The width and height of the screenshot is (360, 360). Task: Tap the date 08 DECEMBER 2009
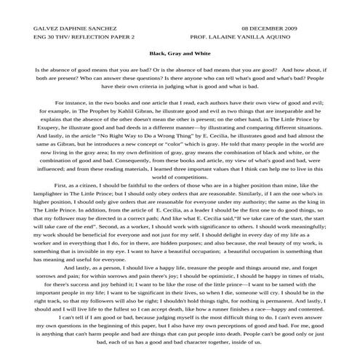coord(270,27)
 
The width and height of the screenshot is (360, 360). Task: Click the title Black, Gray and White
coord(180,53)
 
